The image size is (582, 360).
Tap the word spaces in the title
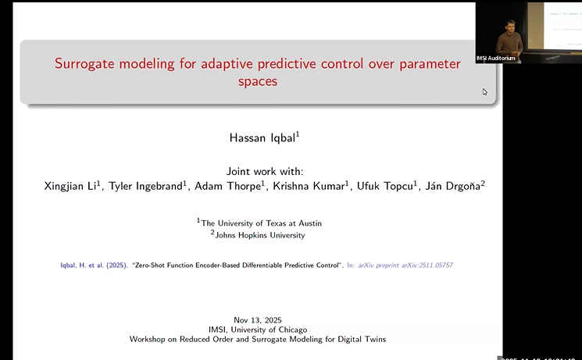click(x=258, y=81)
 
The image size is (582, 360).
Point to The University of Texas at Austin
click(x=261, y=223)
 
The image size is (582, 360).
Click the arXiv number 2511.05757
click(x=434, y=266)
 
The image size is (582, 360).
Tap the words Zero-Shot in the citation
click(x=149, y=266)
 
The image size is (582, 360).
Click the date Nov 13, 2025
click(x=259, y=320)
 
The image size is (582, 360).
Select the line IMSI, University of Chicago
click(x=259, y=330)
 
